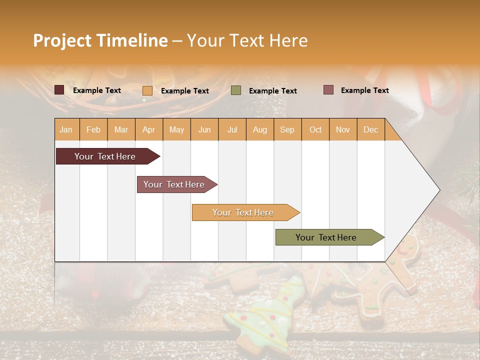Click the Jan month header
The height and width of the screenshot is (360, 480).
66,129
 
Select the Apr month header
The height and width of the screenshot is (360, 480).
148,129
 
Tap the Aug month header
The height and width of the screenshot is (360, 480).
259,129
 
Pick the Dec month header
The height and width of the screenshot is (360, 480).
370,129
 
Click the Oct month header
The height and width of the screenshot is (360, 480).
315,129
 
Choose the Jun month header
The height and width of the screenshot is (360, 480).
204,129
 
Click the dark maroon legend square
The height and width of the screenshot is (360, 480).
59,90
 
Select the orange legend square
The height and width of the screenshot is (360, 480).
147,90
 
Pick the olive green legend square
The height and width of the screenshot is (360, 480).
236,90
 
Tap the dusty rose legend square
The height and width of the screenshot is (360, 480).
328,90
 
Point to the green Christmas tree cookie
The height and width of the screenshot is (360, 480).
265,312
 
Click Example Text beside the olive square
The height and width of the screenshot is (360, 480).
272,91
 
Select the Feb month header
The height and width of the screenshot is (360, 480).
93,129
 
